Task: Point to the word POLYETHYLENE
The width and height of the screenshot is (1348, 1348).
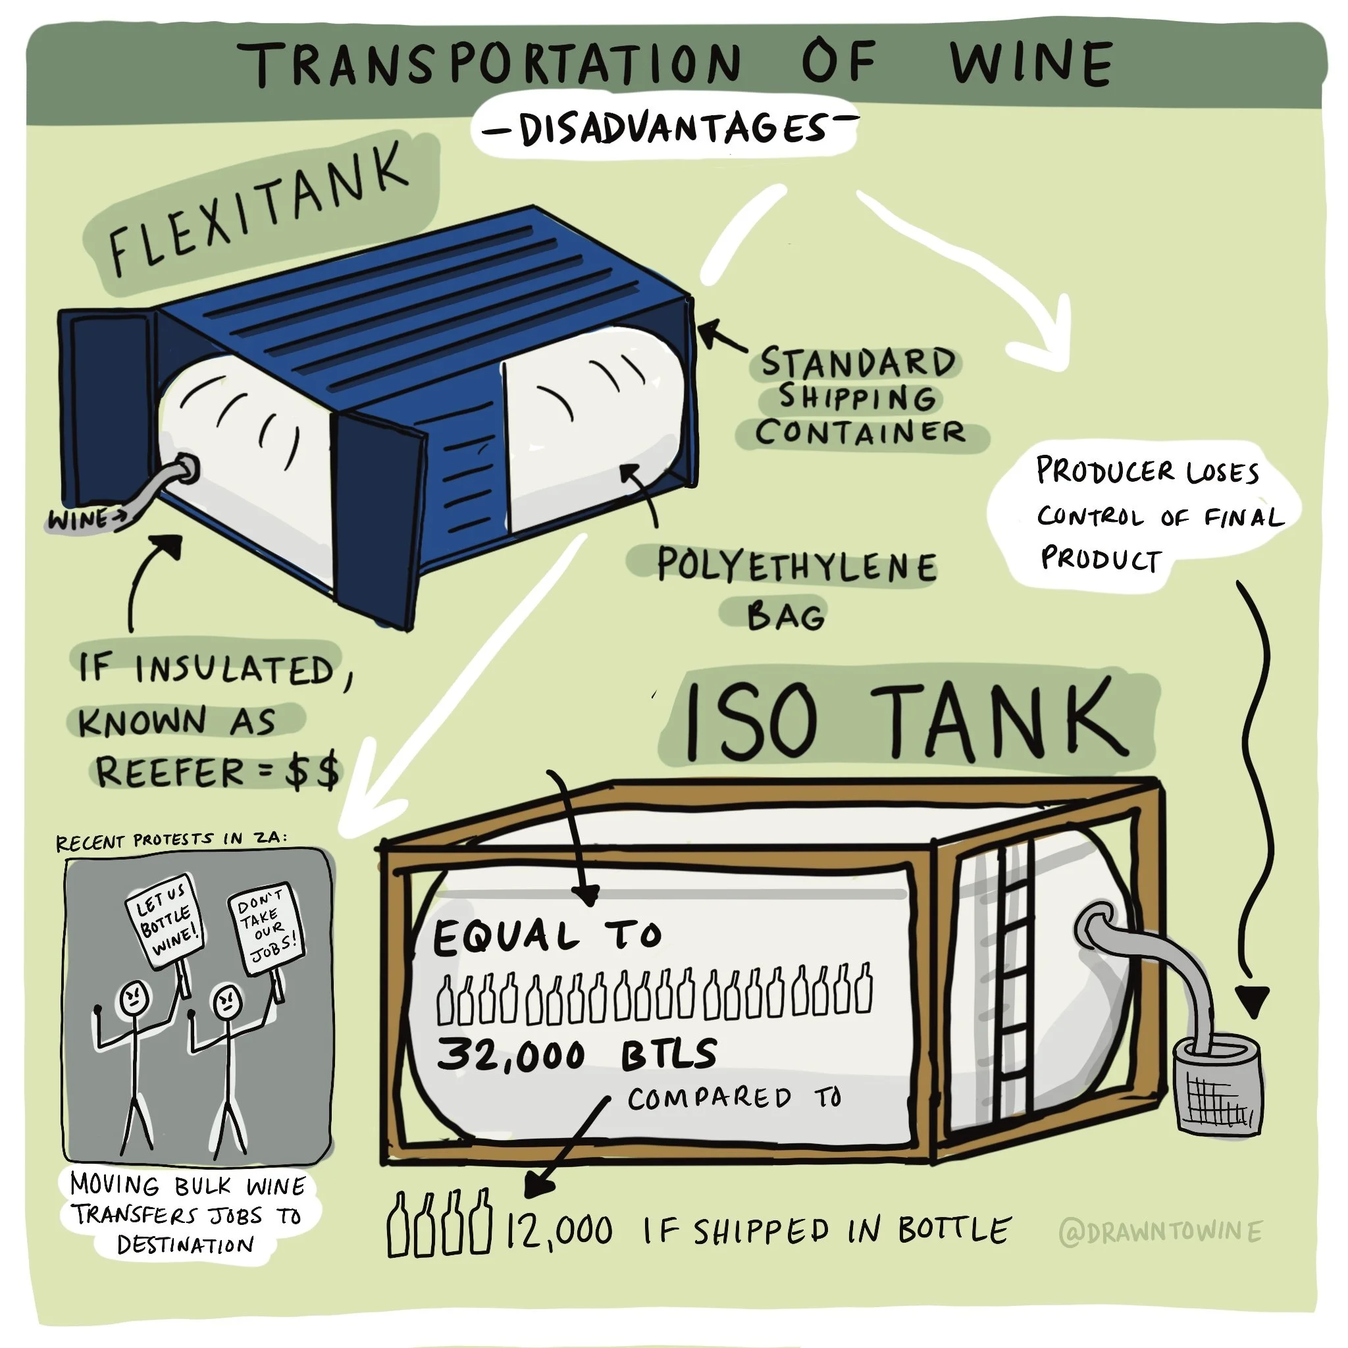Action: [x=795, y=565]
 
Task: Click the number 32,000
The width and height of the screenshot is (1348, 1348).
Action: [x=511, y=1054]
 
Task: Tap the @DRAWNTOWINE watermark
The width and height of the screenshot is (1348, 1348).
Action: [x=1160, y=1232]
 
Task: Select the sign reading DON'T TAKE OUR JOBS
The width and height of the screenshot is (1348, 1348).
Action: [x=266, y=929]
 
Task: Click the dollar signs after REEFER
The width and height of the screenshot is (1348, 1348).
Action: [x=312, y=771]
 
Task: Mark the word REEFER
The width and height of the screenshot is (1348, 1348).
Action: [x=170, y=771]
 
